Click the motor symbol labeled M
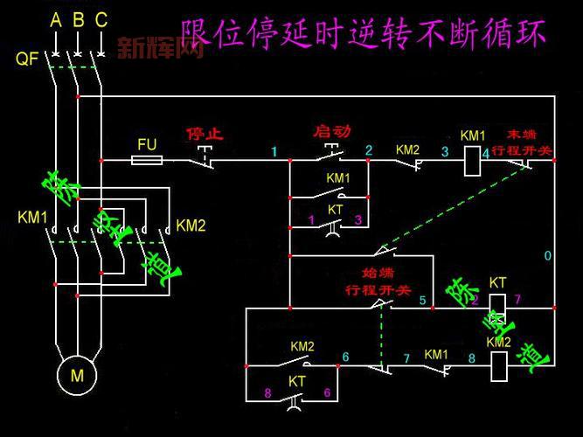77,377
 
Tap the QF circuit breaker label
25,59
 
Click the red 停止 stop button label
205,135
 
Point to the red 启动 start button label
331,131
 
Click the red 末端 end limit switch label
523,143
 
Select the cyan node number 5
423,302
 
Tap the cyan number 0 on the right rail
547,256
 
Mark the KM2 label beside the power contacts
191,225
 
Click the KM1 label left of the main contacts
32,217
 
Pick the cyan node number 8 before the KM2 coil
470,357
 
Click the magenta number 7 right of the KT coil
518,301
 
